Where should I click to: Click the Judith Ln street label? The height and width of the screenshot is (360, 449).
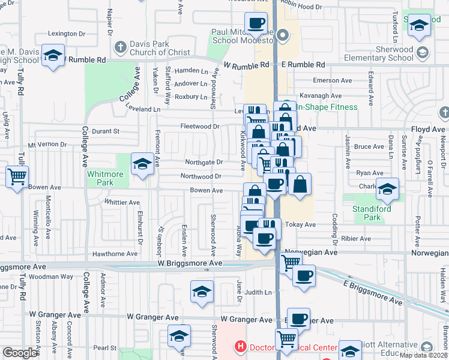click(x=258, y=293)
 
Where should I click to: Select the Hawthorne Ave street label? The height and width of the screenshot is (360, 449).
click(x=115, y=254)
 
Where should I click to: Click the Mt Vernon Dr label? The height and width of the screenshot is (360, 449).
click(x=48, y=145)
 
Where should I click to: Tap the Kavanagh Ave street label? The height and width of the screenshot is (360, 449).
click(x=320, y=96)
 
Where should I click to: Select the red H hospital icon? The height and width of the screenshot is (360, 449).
click(x=241, y=347)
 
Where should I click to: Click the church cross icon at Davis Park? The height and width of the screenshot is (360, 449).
click(x=120, y=47)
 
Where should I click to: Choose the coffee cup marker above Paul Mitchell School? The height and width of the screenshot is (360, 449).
click(x=256, y=23)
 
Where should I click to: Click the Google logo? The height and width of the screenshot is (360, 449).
click(x=20, y=353)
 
